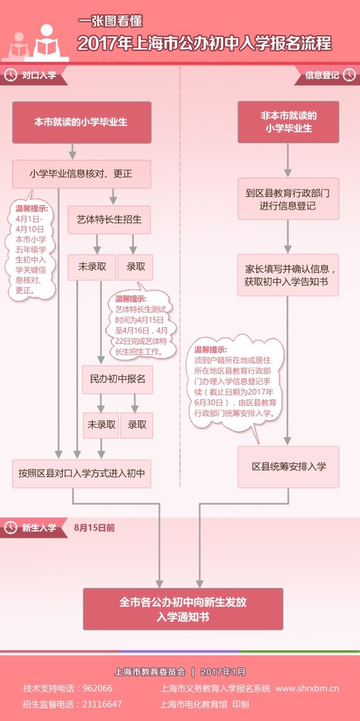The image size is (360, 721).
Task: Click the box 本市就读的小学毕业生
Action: tap(82, 122)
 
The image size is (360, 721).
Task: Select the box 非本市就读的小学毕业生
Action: tap(288, 122)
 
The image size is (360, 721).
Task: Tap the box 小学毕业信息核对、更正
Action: tap(82, 174)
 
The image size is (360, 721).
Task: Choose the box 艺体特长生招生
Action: tap(109, 220)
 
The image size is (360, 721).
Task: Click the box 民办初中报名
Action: tap(118, 379)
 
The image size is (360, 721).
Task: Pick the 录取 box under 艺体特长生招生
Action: tap(136, 267)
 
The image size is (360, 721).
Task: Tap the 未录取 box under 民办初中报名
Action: tap(101, 425)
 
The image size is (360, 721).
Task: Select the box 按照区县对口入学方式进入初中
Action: tap(82, 474)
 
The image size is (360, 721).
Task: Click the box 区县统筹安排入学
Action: tap(288, 466)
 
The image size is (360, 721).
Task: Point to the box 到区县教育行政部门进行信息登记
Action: tap(288, 199)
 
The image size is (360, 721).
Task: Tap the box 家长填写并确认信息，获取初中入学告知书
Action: tap(288, 275)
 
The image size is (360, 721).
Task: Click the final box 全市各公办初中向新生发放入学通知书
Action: tap(183, 609)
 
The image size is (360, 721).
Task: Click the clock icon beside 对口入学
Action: tap(11, 75)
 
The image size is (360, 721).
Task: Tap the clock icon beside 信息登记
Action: tap(349, 75)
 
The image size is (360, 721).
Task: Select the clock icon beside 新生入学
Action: tap(11, 528)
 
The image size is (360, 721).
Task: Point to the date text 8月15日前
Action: tap(94, 528)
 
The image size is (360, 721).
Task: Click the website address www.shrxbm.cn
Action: tap(307, 689)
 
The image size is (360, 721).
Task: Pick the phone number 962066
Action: tap(98, 689)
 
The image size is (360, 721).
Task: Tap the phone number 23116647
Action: tap(102, 704)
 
